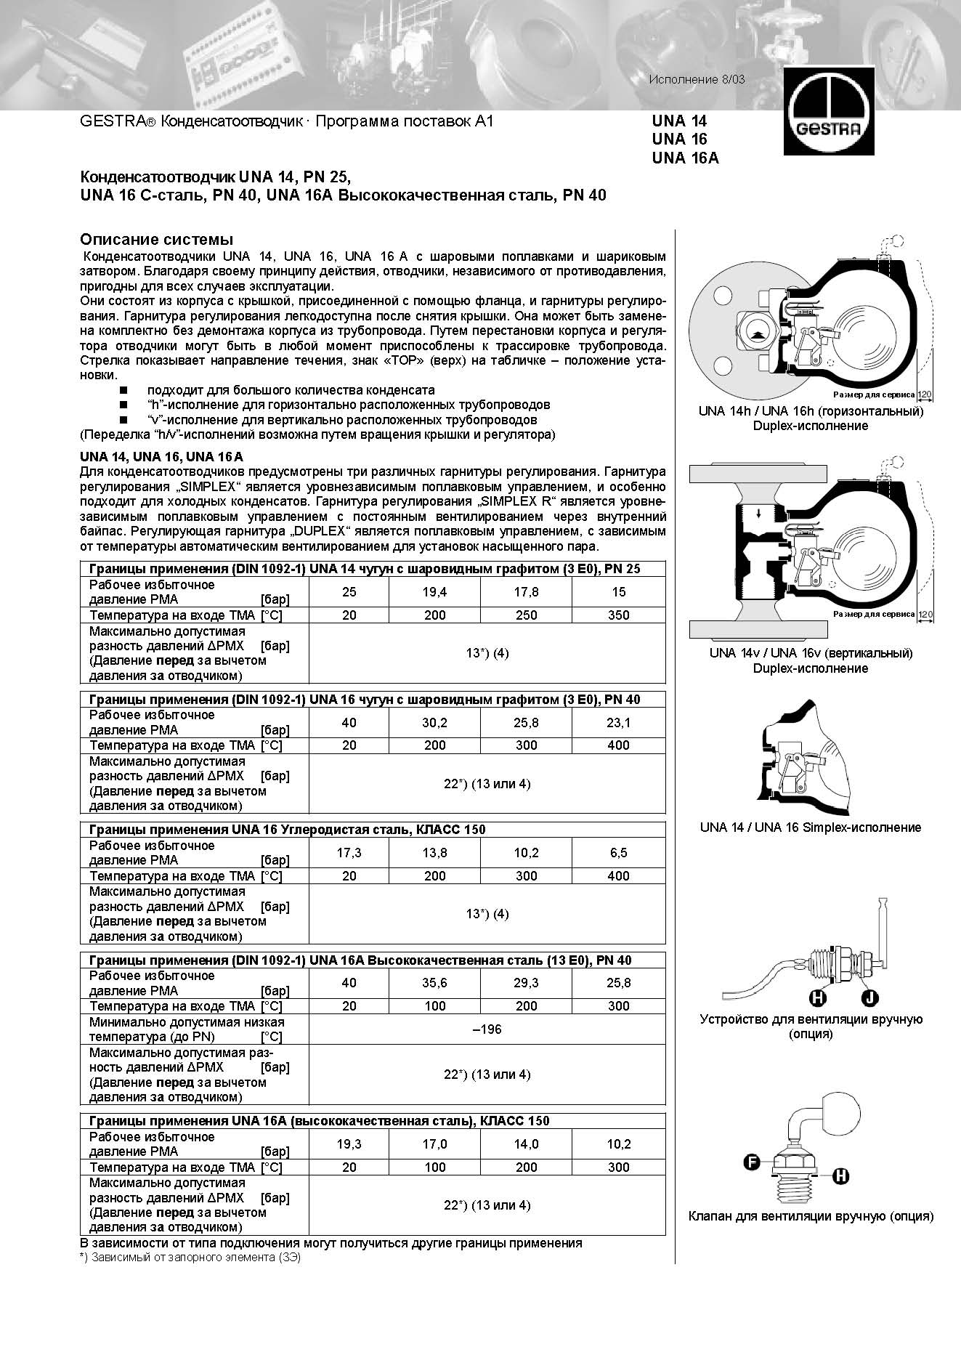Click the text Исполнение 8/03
tap(697, 79)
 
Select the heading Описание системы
tap(156, 240)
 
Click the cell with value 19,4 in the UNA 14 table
tap(434, 592)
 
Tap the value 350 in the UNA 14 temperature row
tap(618, 615)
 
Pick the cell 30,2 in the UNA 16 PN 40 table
tap(434, 723)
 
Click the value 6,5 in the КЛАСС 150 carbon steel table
tap(618, 853)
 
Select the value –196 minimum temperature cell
tap(487, 1029)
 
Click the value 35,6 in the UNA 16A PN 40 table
tap(434, 983)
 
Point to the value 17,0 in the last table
tap(434, 1144)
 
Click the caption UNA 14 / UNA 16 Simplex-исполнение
tap(810, 827)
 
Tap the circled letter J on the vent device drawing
tap(869, 998)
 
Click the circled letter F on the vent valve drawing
tap(753, 1162)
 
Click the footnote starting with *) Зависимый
tap(190, 1258)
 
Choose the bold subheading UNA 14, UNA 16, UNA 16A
tap(161, 457)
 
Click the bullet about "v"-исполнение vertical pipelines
tap(341, 420)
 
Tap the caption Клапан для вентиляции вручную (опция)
tap(810, 1216)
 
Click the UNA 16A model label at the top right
tap(685, 158)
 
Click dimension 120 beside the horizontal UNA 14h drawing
tap(925, 394)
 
